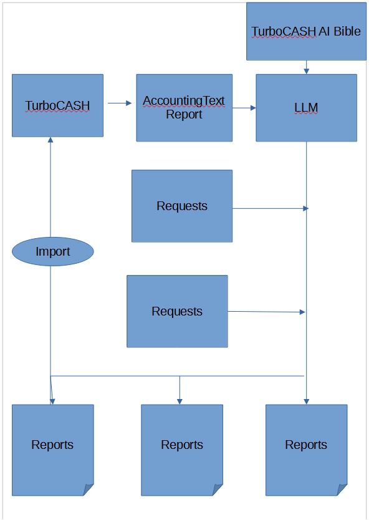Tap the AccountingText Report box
pos(184,128)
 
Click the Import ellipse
pos(53,252)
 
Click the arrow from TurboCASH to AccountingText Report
pos(119,104)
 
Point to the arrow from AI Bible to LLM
pos(306,67)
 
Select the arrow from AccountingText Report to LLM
pos(244,108)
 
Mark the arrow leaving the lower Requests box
pos(267,312)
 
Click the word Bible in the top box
pos(347,31)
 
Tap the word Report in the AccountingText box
pos(184,114)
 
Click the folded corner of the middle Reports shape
pos(218,490)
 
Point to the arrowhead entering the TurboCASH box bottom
pos(51,140)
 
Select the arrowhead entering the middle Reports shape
pos(180,401)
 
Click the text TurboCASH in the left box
pos(57,105)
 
